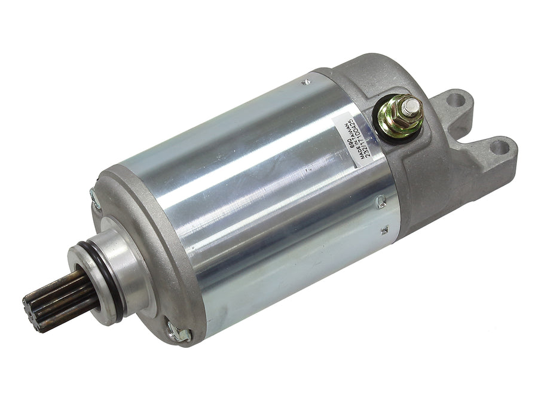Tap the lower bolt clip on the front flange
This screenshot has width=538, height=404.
pyautogui.click(x=178, y=332)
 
